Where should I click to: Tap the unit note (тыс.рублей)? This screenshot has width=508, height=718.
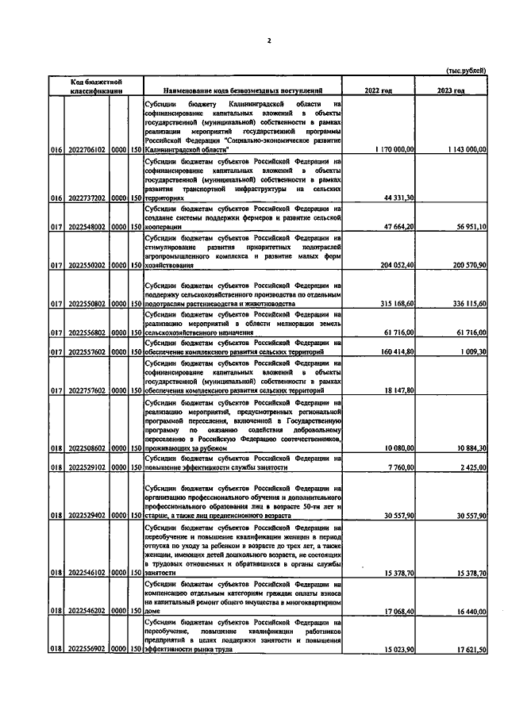pos(466,71)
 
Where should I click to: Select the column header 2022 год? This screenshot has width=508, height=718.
pos(378,91)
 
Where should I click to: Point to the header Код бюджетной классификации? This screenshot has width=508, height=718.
pos(94,86)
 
